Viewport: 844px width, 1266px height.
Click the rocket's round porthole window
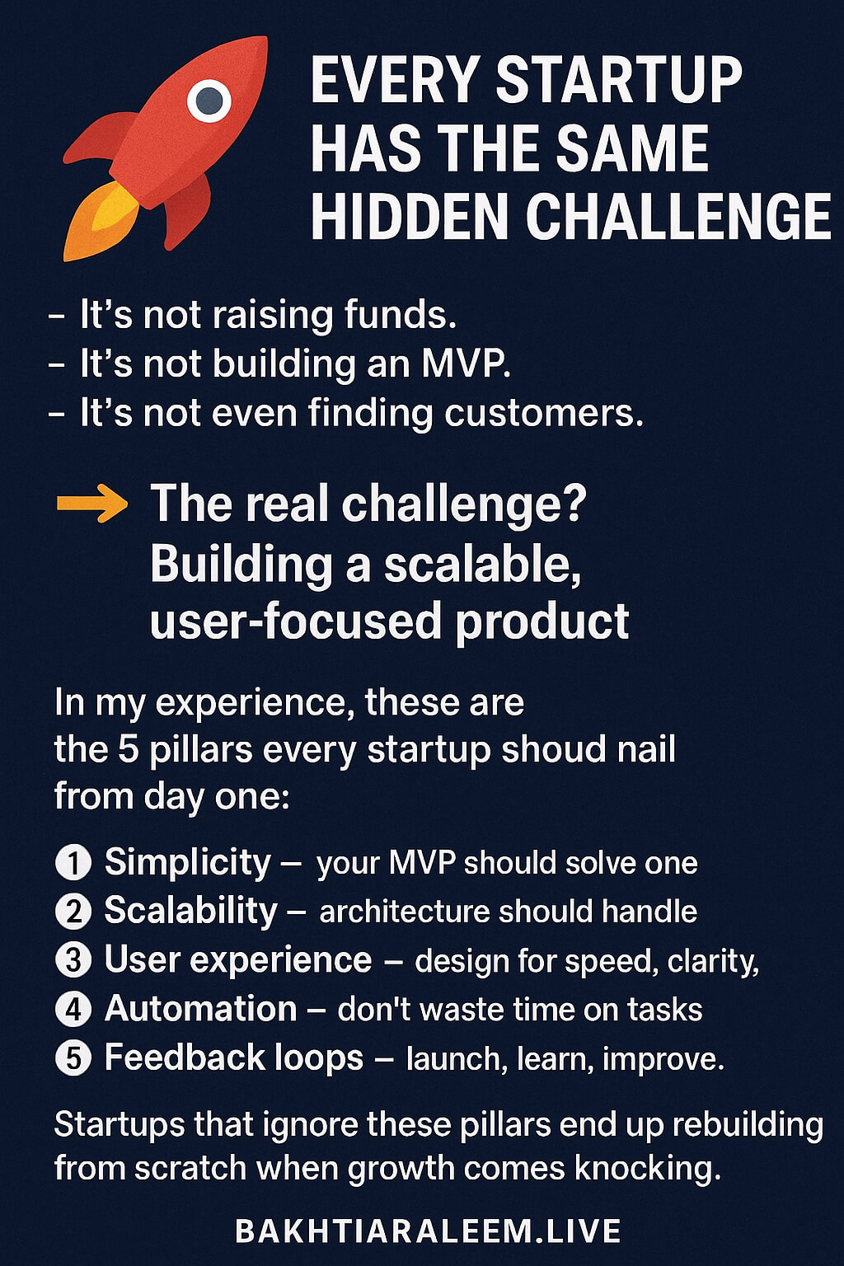209,101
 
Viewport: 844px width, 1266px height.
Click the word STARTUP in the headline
618,81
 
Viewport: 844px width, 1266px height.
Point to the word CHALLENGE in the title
678,218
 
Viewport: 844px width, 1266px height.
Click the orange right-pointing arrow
91,504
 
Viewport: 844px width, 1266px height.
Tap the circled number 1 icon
73,863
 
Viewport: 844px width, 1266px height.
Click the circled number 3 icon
73,960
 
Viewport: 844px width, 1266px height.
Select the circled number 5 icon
73,1058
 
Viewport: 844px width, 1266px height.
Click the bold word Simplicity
187,862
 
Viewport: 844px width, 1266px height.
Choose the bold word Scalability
190,911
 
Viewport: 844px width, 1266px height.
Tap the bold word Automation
200,1009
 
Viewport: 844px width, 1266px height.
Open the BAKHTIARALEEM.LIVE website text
428,1231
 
